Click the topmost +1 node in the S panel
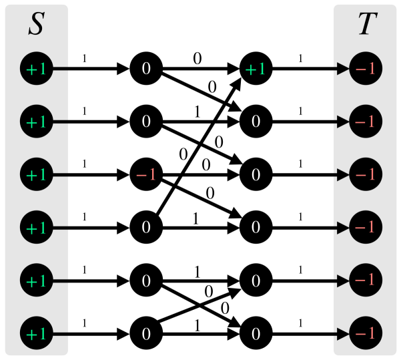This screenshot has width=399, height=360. click(x=36, y=69)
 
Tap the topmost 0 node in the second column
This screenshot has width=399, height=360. click(x=146, y=69)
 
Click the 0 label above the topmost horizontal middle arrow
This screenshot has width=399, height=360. click(x=197, y=59)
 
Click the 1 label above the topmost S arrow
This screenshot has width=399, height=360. click(x=84, y=59)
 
